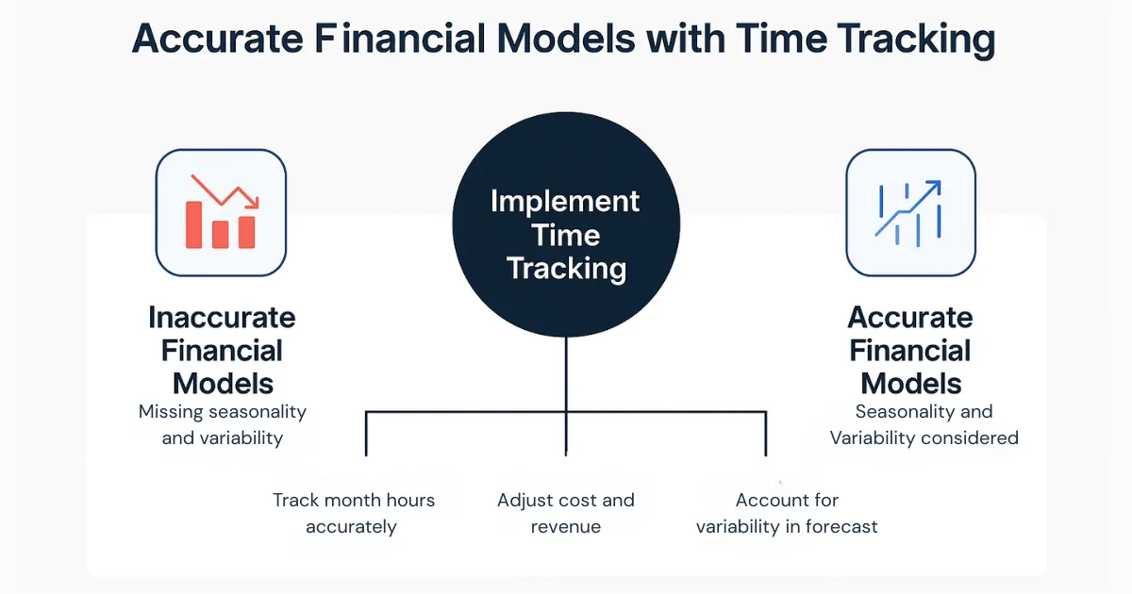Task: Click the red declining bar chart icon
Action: pyautogui.click(x=221, y=212)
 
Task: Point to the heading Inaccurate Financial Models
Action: pyautogui.click(x=222, y=351)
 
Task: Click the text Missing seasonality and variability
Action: pyautogui.click(x=222, y=424)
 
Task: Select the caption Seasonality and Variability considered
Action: pyautogui.click(x=924, y=424)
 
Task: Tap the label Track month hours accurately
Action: pyautogui.click(x=353, y=513)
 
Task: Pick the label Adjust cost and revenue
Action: pyautogui.click(x=566, y=513)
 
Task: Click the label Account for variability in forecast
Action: pyautogui.click(x=787, y=513)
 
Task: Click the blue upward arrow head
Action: pyautogui.click(x=933, y=188)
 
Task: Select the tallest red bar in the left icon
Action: pyautogui.click(x=193, y=224)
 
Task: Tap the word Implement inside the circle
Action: pyautogui.click(x=565, y=201)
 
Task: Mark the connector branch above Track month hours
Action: pyautogui.click(x=366, y=434)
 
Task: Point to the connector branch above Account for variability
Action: pyautogui.click(x=765, y=434)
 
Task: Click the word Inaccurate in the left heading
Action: pyautogui.click(x=222, y=318)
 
